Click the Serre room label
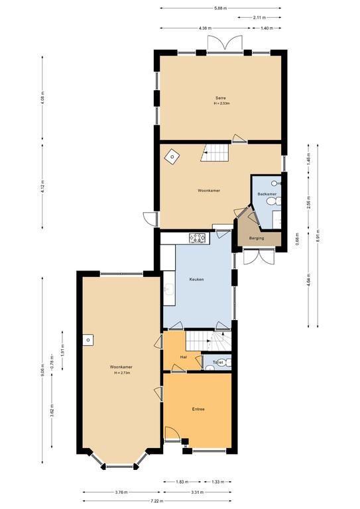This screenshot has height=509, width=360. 221,97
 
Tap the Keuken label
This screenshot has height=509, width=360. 196,279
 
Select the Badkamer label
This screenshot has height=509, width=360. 267,194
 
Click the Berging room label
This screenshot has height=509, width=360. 257,238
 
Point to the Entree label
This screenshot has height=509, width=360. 198,409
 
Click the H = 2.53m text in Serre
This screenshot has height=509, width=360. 221,104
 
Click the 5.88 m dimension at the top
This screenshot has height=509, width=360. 221,8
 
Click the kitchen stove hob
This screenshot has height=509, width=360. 198,237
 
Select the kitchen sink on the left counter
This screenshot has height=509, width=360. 168,289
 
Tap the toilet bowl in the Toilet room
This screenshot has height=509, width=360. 225,363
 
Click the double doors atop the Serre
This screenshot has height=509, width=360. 225,44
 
